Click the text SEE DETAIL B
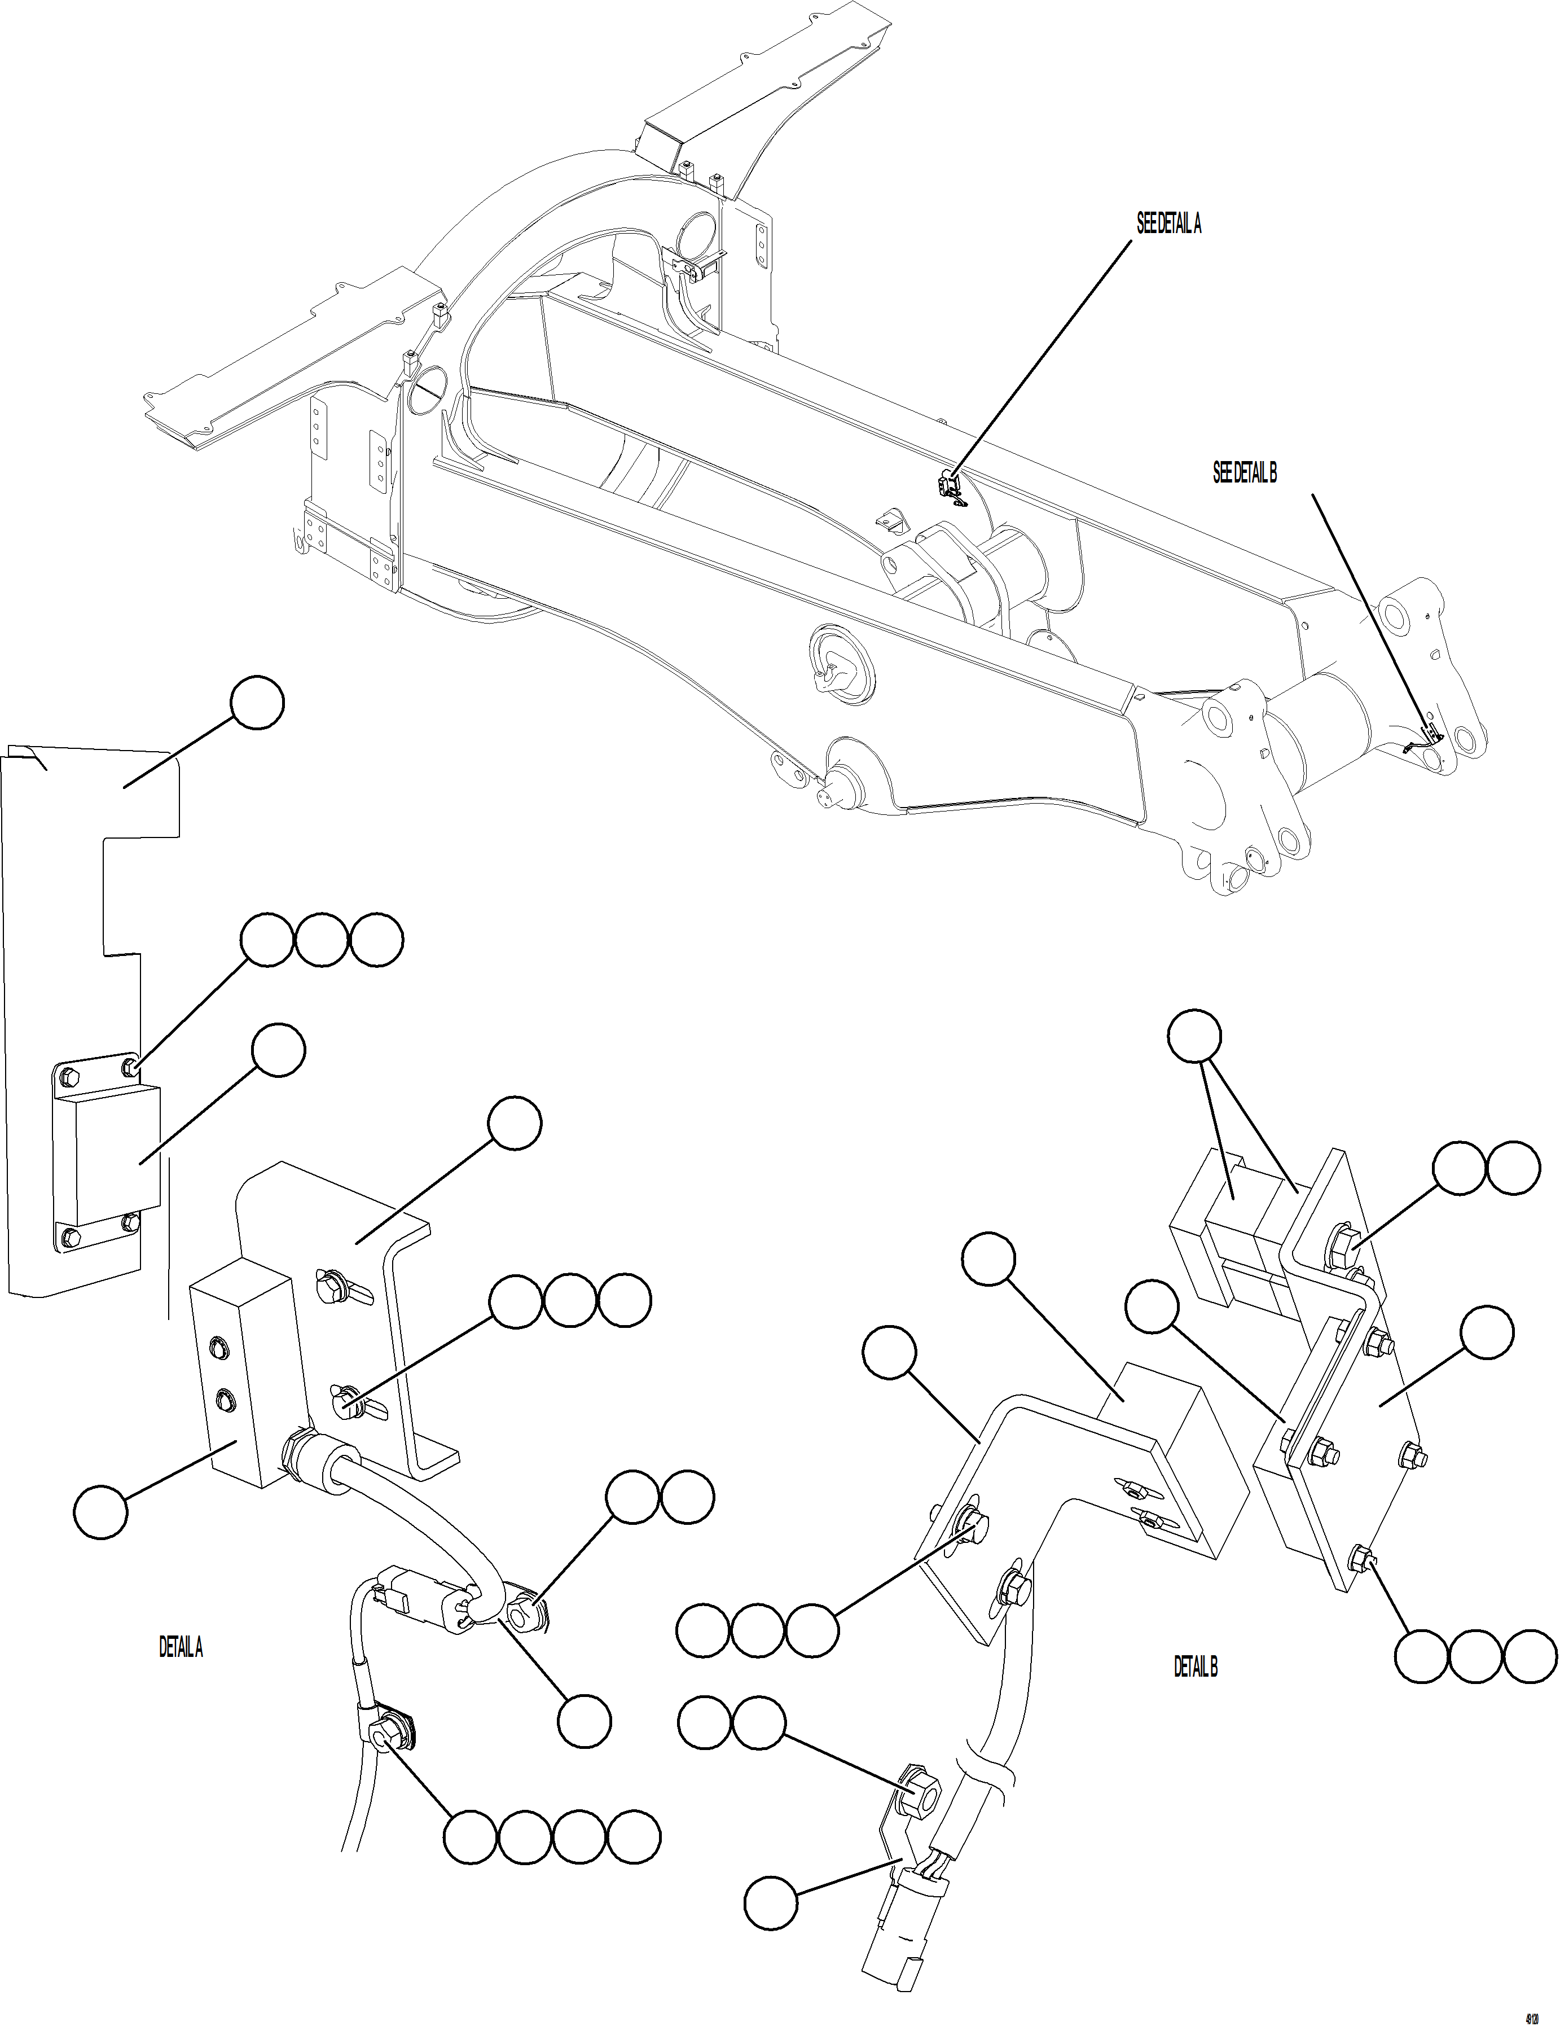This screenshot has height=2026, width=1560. tap(1245, 472)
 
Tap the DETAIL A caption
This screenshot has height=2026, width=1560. tap(181, 1647)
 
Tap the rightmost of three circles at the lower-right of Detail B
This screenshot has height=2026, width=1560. tap(1530, 1656)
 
